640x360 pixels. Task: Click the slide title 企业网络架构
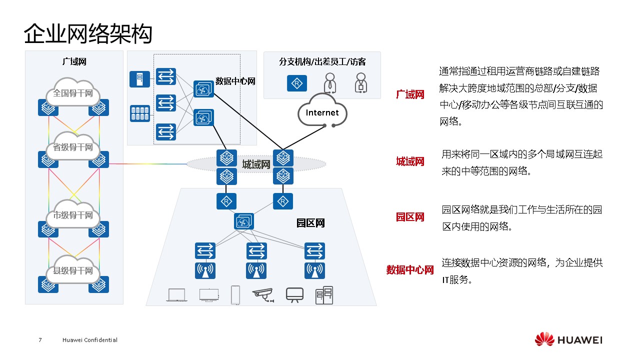pos(88,34)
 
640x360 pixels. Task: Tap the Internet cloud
pos(322,113)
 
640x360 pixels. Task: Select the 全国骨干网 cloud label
pos(73,93)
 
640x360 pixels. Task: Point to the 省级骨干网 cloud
pos(73,147)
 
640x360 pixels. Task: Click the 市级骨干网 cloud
pos(73,215)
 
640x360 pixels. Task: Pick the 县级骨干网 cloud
pos(73,270)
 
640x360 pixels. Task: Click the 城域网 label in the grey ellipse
pos(256,164)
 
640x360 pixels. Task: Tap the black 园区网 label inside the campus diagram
pos(310,223)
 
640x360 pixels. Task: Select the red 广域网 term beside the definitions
pos(410,94)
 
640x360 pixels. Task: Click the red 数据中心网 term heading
pos(410,270)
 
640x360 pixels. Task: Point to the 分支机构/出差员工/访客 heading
pos(322,62)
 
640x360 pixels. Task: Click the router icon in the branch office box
pos(297,83)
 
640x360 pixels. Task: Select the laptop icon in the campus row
pos(176,295)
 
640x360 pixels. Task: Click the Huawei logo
pos(568,340)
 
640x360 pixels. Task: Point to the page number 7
pos(40,340)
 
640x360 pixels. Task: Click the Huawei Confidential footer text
pos(90,340)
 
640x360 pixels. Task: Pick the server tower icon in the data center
pos(139,79)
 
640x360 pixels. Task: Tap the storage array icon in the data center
pos(139,113)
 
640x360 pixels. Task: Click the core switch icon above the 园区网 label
pos(244,221)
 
